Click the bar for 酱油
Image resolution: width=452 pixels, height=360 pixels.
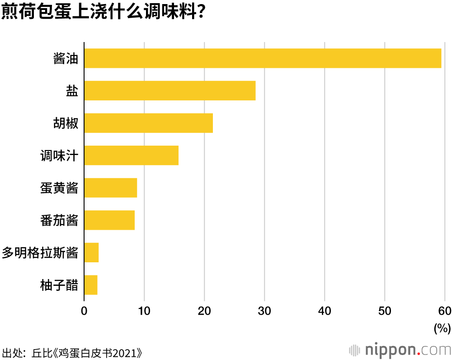(x=262, y=58)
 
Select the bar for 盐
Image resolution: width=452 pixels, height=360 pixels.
(x=169, y=90)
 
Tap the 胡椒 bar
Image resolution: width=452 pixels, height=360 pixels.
(x=148, y=123)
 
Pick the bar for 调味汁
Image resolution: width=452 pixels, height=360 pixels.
(x=131, y=155)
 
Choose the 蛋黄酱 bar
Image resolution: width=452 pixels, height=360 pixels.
(x=110, y=188)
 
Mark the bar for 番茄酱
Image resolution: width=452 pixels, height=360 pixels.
(x=109, y=220)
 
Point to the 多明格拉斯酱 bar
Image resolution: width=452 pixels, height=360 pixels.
(x=91, y=252)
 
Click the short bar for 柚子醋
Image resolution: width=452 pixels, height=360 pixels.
(x=91, y=285)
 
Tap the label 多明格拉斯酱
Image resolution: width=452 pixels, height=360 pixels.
(x=40, y=253)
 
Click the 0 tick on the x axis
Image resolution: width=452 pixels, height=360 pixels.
(x=84, y=311)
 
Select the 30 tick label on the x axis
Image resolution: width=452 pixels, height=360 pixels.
(x=264, y=311)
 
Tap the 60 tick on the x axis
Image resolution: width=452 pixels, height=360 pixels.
(x=445, y=311)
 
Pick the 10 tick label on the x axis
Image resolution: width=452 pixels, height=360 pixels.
(x=144, y=311)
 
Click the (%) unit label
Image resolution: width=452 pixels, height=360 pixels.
(x=442, y=328)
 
